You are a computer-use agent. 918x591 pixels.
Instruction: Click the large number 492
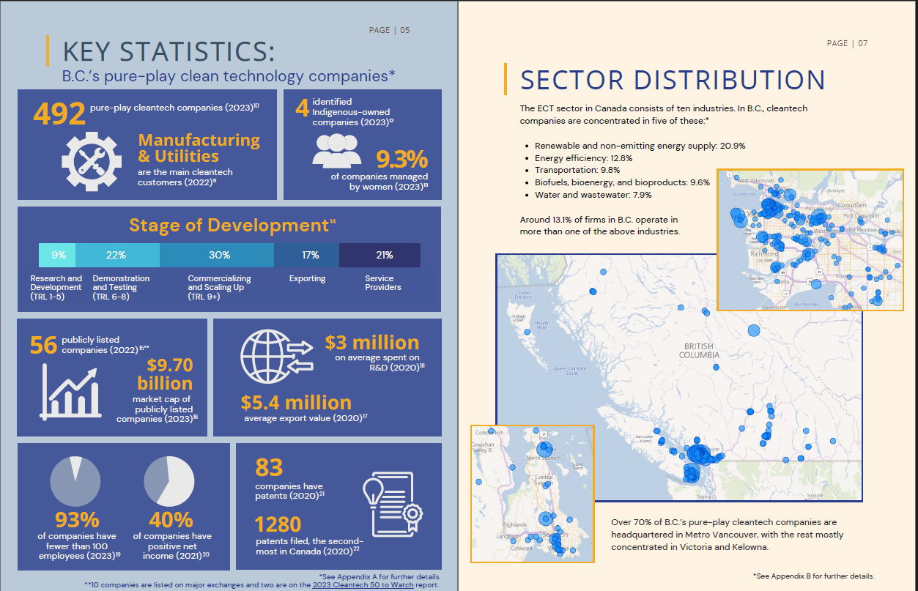point(59,114)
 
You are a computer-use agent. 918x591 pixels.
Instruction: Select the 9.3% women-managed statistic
point(401,160)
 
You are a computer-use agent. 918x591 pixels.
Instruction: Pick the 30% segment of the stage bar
point(219,255)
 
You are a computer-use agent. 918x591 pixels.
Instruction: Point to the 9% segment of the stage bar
point(58,255)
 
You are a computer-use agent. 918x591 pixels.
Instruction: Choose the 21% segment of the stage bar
point(384,255)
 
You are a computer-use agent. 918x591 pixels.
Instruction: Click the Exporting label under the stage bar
point(307,279)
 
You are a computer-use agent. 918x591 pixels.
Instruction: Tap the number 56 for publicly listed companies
point(43,345)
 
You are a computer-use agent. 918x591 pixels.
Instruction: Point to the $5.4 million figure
point(296,403)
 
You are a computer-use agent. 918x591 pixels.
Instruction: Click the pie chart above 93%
point(75,480)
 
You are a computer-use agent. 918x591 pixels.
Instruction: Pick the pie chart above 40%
point(169,480)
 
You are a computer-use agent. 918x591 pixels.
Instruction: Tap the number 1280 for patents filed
point(278,524)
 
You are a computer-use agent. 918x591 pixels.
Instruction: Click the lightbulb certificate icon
point(393,507)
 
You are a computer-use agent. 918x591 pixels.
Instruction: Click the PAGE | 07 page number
point(847,43)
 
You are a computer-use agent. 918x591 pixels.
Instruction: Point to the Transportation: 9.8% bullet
point(578,171)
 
